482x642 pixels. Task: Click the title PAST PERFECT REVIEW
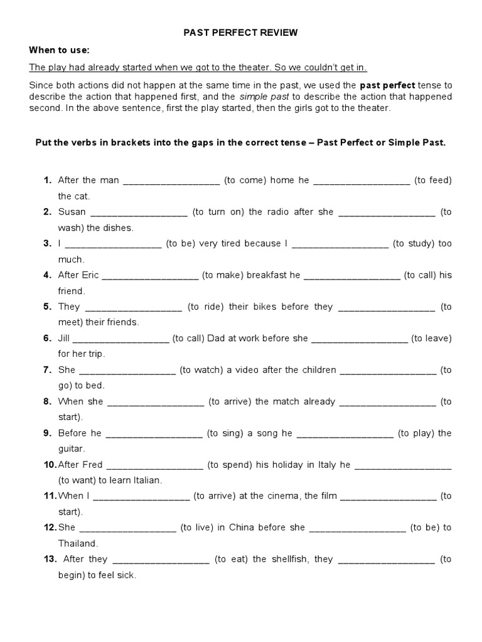pos(240,33)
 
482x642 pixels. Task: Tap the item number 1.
pos(47,180)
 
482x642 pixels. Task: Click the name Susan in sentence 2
pos(72,212)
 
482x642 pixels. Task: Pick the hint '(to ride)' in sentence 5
pos(203,307)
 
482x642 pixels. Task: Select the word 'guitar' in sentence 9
pos(72,449)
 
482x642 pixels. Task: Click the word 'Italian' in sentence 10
pos(146,480)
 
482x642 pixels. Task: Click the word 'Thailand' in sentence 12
pos(78,544)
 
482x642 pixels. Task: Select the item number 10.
pos(50,465)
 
